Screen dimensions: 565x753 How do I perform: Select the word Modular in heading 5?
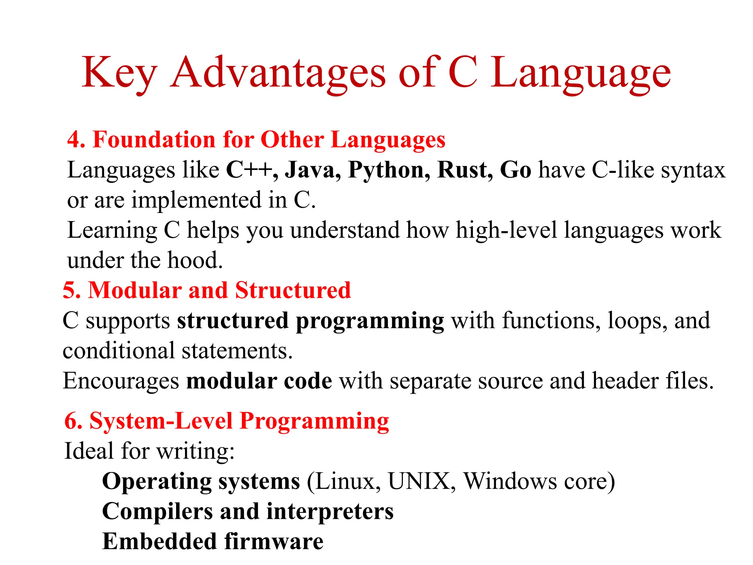pyautogui.click(x=135, y=290)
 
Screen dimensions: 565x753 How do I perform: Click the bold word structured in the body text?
pyautogui.click(x=233, y=320)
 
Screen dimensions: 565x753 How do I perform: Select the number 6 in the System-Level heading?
pyautogui.click(x=73, y=421)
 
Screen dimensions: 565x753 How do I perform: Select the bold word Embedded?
pyautogui.click(x=159, y=541)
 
